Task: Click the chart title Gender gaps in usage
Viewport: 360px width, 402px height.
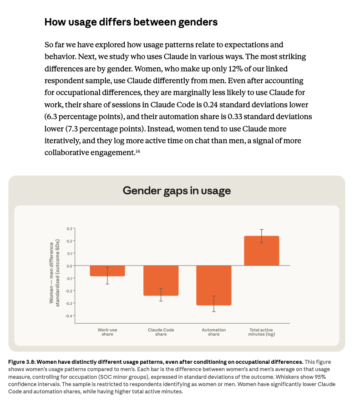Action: tap(177, 191)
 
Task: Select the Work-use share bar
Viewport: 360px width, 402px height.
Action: tap(107, 271)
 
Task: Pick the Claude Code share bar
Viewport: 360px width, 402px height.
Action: tap(161, 281)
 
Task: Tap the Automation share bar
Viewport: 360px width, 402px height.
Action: tap(214, 285)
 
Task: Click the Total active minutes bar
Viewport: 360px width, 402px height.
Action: tap(262, 251)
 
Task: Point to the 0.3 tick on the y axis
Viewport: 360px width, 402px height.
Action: tap(69, 228)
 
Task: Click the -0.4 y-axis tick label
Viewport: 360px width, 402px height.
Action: tap(69, 316)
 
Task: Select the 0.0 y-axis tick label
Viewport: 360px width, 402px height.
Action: tap(69, 266)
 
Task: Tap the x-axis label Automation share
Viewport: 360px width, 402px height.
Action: tap(214, 332)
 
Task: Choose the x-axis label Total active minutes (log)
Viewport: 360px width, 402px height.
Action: tap(262, 332)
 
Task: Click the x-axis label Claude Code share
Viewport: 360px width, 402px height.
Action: tap(161, 332)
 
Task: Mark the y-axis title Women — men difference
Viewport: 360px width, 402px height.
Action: tap(51, 273)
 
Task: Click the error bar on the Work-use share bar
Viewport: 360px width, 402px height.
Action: tap(107, 276)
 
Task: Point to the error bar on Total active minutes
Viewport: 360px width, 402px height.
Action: tap(262, 236)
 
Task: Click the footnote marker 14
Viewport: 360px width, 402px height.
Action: tap(137, 151)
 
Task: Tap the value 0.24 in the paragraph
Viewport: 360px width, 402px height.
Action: tap(210, 105)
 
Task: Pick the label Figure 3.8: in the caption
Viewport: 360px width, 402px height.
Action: tap(22, 362)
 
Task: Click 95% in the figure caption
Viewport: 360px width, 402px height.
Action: tap(320, 377)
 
